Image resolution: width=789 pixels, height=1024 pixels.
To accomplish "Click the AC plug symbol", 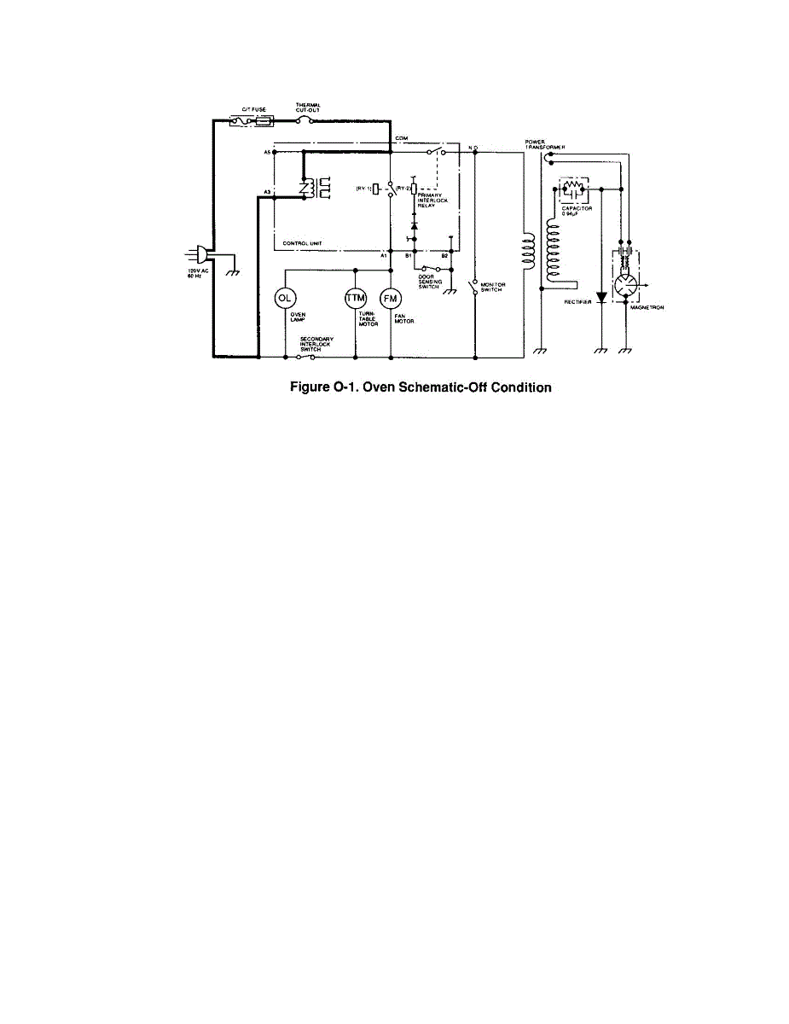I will (x=202, y=254).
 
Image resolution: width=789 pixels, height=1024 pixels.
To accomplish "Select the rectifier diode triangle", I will (x=602, y=298).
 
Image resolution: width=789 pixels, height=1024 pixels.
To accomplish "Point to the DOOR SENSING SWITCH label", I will (x=429, y=281).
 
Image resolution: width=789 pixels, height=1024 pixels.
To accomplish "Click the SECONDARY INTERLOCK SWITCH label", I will (x=316, y=344).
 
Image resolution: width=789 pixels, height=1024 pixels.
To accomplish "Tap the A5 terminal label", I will (x=266, y=152).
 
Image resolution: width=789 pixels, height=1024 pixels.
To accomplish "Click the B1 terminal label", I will (x=408, y=256).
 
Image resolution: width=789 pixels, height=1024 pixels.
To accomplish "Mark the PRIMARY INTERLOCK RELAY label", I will (x=432, y=201).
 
